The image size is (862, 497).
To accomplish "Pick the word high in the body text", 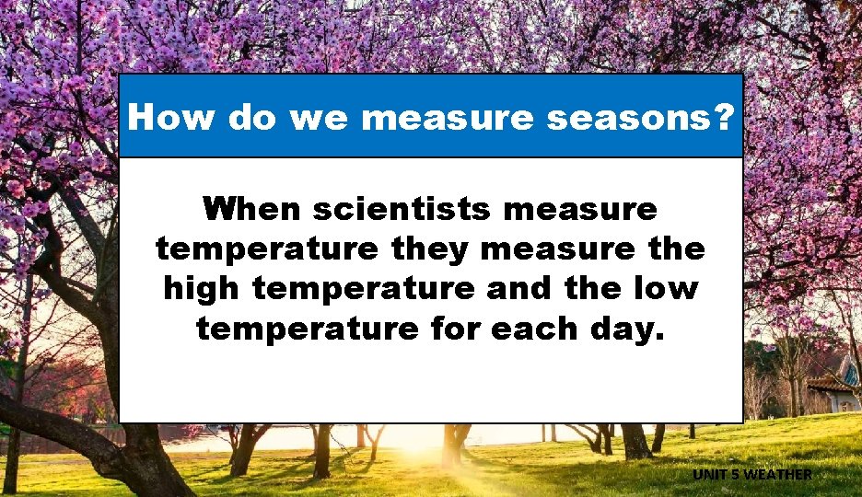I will point(203,288).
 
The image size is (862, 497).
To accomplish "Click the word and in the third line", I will point(513,288).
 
